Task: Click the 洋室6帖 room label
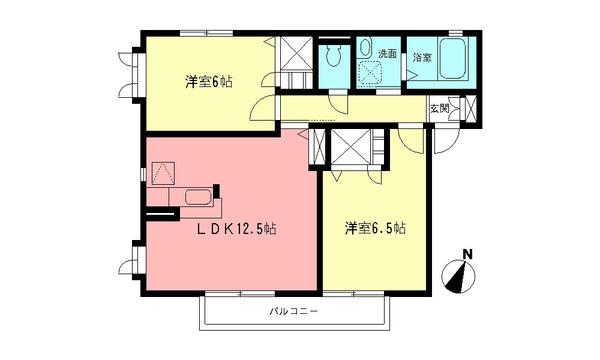coord(208,82)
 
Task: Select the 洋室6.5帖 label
coord(376,228)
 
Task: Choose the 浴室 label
coord(422,57)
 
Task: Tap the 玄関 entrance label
coord(439,107)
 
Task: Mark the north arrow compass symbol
coord(462,275)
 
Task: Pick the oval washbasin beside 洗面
coord(365,49)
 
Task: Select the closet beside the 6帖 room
coord(294,64)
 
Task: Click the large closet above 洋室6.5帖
coord(350,149)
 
